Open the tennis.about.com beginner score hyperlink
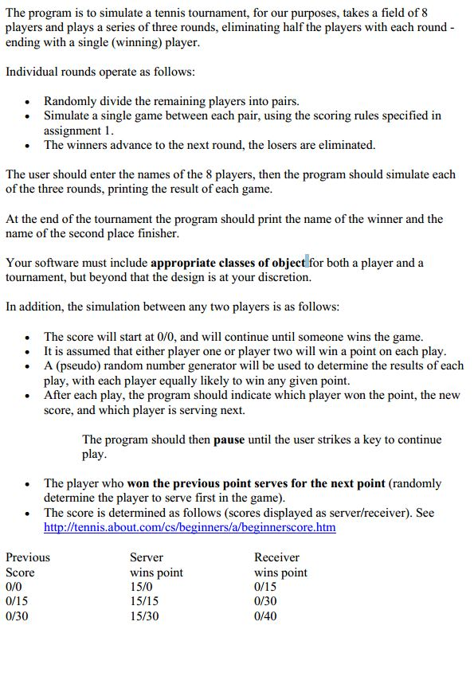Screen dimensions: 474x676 tap(190, 527)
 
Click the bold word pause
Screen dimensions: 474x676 tap(229, 440)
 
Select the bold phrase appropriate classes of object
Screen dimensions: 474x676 tap(228, 263)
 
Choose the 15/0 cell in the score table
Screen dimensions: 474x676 tap(141, 587)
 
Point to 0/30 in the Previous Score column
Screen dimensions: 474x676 tap(17, 615)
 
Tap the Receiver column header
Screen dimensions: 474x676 tap(276, 557)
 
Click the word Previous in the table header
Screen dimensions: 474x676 tap(27, 557)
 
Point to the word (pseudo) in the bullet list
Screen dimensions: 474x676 tap(82, 365)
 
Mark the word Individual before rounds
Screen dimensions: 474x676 tap(33, 72)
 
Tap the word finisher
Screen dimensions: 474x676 tap(155, 233)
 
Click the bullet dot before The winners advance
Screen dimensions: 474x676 tap(29, 146)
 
